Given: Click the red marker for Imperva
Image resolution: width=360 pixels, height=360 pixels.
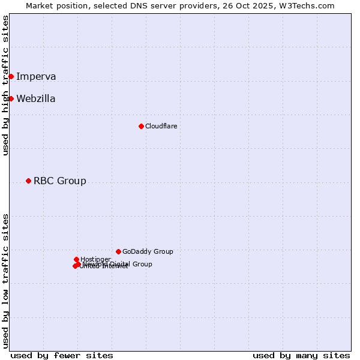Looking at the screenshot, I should tap(11, 76).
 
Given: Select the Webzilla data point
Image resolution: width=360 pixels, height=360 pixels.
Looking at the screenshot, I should tap(11, 98).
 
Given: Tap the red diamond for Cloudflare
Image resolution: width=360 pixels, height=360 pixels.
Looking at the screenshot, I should tap(141, 126).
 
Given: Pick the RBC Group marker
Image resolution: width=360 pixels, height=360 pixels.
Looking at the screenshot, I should tap(28, 181).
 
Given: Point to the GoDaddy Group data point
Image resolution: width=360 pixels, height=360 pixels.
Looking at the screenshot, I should tap(118, 251).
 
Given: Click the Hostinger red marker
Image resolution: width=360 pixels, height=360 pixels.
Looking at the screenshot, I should tap(76, 259).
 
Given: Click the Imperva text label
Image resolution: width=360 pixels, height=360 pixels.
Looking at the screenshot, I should tap(36, 76).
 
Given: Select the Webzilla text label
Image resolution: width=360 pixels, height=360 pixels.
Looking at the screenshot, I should tap(36, 98).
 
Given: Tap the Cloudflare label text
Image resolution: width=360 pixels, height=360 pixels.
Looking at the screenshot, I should tap(161, 126).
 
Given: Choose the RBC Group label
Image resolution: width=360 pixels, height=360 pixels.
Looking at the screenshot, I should tap(60, 181).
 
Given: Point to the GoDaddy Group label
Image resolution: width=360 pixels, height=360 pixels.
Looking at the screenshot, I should tap(148, 251).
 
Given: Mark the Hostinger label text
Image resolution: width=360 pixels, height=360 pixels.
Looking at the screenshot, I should tap(95, 259).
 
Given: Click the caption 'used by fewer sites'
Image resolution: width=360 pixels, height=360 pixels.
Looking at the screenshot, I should tap(62, 355).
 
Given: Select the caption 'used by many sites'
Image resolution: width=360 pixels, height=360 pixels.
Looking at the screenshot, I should tap(301, 355).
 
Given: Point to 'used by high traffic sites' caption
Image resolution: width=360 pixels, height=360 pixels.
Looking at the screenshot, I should tap(6, 85).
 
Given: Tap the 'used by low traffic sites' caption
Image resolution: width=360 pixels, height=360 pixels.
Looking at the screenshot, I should tap(6, 281).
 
